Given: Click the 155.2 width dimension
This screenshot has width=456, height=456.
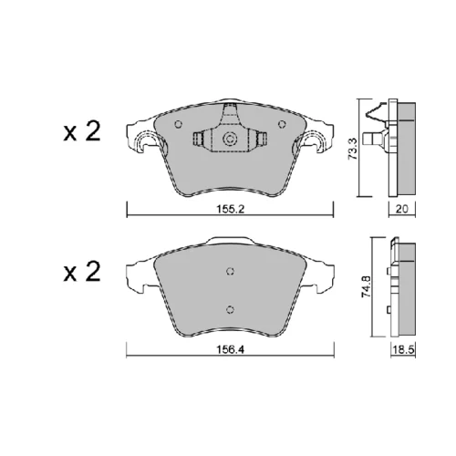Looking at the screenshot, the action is click(230, 209).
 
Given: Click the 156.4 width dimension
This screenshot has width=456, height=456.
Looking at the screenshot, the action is click(230, 350).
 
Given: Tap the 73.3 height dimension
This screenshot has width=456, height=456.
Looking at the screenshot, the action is click(353, 149).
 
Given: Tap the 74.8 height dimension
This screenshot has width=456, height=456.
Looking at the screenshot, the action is click(366, 286).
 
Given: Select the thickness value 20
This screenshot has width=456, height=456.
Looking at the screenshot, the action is click(401, 209).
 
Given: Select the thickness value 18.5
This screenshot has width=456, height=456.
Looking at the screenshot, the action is click(403, 350).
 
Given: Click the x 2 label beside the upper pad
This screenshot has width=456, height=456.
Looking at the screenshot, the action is click(82, 131).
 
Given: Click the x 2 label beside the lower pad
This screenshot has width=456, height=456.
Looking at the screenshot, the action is click(82, 272).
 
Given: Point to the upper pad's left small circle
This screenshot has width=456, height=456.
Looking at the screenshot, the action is click(179, 124).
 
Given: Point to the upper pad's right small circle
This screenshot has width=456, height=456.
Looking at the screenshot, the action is click(282, 124).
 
